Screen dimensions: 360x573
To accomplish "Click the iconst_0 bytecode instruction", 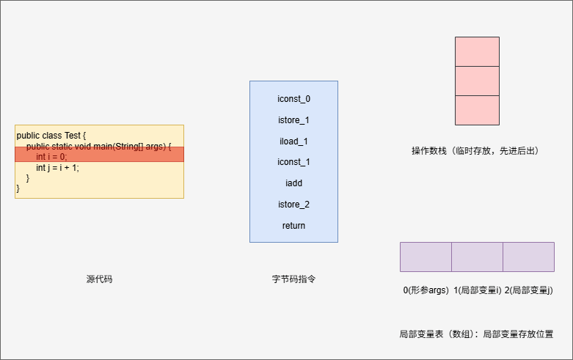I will [293, 98].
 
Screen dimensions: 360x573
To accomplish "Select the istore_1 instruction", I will [293, 120].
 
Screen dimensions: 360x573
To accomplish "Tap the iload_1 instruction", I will [293, 141].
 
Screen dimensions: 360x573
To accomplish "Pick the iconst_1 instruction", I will [293, 162].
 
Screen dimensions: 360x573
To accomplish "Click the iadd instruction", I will [293, 183].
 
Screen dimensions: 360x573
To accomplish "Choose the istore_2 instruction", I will [293, 205].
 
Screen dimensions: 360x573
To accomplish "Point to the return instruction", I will [293, 226].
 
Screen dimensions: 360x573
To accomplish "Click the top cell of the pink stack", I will [477, 51].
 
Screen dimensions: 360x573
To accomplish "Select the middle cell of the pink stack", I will [477, 81].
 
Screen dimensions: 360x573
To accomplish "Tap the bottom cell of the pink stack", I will [477, 110].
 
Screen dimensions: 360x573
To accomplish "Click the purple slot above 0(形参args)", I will [426, 257].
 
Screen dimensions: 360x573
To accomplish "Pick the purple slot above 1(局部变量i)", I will [477, 257].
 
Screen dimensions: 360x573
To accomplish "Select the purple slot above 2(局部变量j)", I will [528, 257].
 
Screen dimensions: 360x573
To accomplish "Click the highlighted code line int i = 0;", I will [51, 156].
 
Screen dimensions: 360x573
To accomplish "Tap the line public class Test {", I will [51, 136].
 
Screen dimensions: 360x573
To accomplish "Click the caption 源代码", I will [99, 279].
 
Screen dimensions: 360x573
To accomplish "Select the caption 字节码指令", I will [293, 279].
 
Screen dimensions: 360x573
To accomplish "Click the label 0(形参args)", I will [426, 290].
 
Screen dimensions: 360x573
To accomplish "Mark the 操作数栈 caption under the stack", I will [475, 151].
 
